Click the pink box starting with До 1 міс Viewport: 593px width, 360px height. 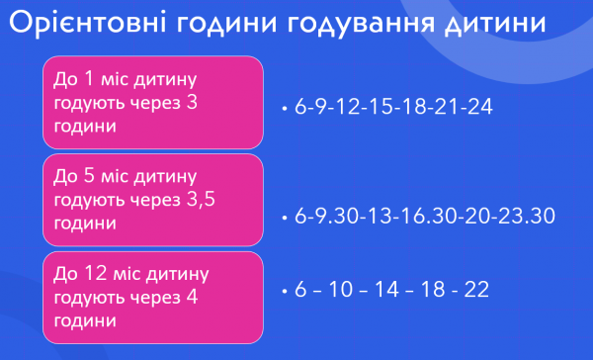coord(152,102)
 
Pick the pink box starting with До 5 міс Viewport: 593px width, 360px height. coord(152,200)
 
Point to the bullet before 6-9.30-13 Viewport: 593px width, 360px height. coord(284,217)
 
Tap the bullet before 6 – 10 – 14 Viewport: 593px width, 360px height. coord(284,291)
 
